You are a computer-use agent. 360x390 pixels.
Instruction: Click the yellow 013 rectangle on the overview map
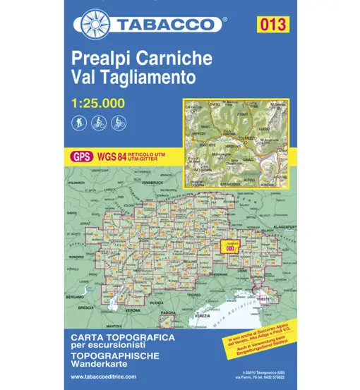point(227,247)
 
